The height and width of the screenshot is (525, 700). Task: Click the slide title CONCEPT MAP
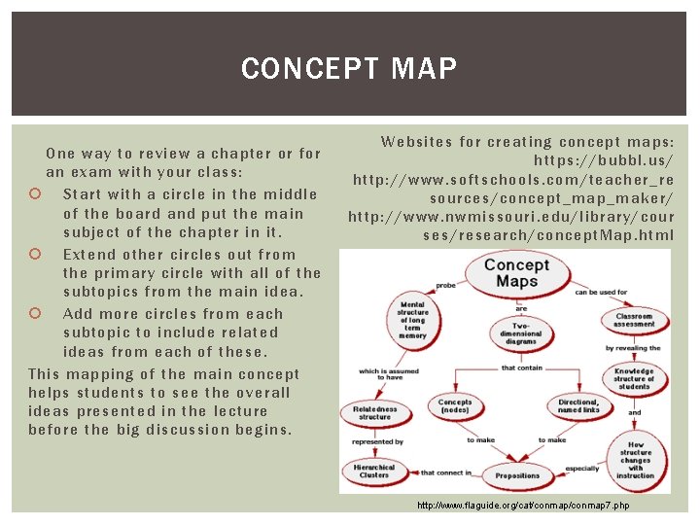(349, 69)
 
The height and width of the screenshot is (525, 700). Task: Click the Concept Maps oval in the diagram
(516, 273)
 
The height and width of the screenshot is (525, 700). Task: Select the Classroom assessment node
(634, 320)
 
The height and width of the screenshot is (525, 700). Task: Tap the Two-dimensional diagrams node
(521, 333)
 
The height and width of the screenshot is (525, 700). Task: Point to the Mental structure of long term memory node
(412, 320)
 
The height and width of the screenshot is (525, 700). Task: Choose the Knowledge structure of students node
(634, 378)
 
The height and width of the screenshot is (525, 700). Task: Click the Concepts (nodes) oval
(454, 405)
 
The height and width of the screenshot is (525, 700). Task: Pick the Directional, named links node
(578, 405)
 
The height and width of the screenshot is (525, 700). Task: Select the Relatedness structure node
(374, 413)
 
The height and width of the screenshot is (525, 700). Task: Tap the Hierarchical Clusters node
(374, 472)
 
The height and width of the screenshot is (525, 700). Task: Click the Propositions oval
(517, 475)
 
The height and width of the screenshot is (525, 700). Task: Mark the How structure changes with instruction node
(635, 458)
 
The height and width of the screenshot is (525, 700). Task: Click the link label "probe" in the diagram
(445, 286)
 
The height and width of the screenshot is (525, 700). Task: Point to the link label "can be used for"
(601, 292)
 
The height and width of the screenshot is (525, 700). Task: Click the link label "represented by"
(377, 441)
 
